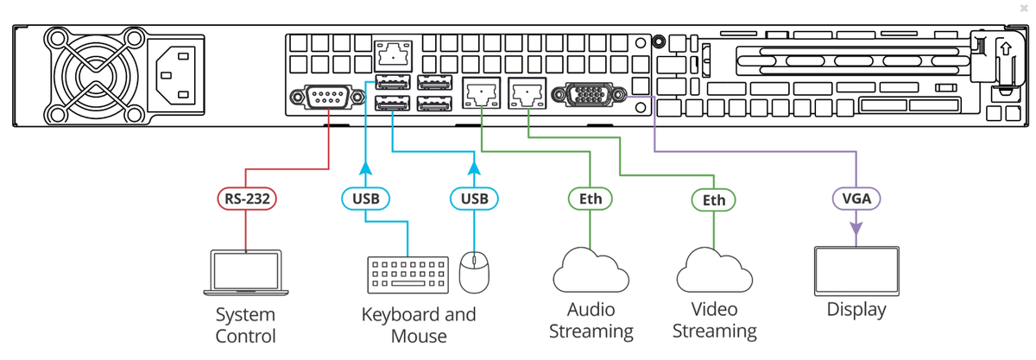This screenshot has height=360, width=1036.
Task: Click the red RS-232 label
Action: tap(246, 199)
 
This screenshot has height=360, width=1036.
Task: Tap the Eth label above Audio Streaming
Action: tap(591, 199)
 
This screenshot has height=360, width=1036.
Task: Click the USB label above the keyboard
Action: tap(365, 199)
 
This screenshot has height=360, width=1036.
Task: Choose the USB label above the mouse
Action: tap(474, 199)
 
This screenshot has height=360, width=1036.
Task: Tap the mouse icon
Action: tap(474, 272)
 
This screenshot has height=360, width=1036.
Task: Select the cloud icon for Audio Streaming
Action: tap(591, 270)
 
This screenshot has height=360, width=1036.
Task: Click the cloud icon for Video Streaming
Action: tap(714, 271)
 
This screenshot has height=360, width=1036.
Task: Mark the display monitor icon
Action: tap(856, 270)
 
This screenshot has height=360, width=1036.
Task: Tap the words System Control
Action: tap(245, 325)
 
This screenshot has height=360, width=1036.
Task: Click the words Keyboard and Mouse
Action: tap(419, 325)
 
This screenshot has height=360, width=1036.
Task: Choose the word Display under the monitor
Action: tap(856, 309)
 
